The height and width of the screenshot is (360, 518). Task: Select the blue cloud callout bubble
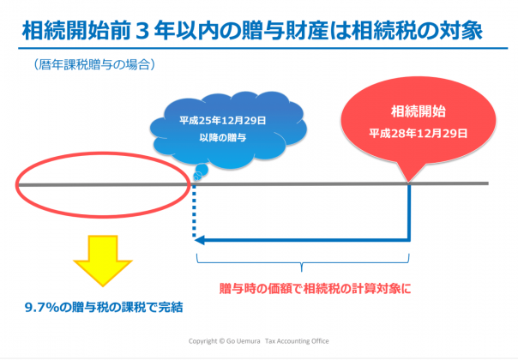[228, 129]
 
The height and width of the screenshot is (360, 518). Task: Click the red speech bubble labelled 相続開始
[419, 123]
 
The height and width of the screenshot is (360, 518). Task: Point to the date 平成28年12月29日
[419, 134]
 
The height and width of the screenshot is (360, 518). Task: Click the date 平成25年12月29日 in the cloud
[223, 121]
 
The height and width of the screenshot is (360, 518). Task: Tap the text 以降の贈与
[223, 137]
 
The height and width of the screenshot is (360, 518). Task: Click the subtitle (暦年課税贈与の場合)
[94, 64]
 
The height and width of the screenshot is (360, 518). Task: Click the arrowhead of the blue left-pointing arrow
[199, 240]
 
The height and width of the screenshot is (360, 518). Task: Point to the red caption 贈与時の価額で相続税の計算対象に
[316, 289]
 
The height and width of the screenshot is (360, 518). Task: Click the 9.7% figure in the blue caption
[42, 308]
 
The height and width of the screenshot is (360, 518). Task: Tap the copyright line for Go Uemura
[258, 341]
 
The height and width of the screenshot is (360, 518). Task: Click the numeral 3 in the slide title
[142, 31]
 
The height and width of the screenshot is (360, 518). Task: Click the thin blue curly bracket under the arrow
[303, 263]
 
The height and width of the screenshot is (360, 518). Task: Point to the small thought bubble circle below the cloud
[202, 170]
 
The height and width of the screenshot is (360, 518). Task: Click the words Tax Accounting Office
[297, 341]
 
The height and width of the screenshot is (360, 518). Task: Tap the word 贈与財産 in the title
[285, 31]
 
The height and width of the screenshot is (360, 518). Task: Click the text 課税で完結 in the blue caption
[153, 308]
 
